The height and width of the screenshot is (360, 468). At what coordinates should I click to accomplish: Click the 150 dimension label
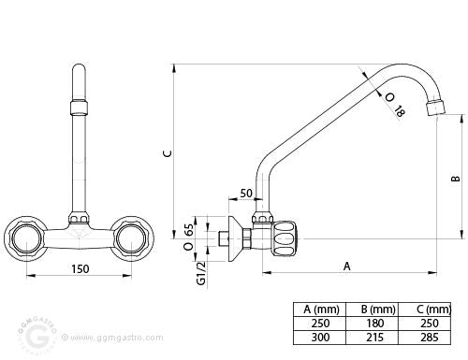tap(80, 268)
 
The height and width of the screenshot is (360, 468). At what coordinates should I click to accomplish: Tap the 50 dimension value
tap(246, 194)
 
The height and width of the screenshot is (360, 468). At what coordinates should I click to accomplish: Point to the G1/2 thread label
tap(201, 273)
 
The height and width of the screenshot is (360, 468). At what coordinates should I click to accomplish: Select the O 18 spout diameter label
tap(395, 105)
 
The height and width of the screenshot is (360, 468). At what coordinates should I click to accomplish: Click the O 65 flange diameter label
tap(189, 238)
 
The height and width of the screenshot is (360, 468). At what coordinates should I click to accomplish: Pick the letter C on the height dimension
tap(168, 153)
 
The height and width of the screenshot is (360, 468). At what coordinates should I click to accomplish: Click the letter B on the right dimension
tap(456, 179)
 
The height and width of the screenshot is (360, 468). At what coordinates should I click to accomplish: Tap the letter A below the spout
tap(347, 266)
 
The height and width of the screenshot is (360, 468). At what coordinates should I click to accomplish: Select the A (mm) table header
tap(321, 310)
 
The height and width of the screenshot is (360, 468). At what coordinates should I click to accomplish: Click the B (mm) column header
tap(378, 310)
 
